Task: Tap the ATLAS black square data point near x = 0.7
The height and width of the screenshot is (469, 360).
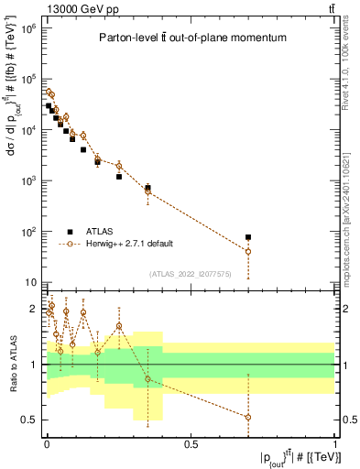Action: pyautogui.click(x=248, y=237)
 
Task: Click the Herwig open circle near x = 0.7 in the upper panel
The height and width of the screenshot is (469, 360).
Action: pyautogui.click(x=248, y=251)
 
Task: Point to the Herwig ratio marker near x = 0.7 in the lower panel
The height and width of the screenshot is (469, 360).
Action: pyautogui.click(x=248, y=417)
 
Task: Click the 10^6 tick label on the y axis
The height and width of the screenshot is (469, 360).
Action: pyautogui.click(x=27, y=28)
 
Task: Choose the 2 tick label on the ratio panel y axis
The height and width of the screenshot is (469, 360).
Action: pyautogui.click(x=34, y=309)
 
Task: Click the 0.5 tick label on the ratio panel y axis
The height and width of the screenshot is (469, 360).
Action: pyautogui.click(x=30, y=420)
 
